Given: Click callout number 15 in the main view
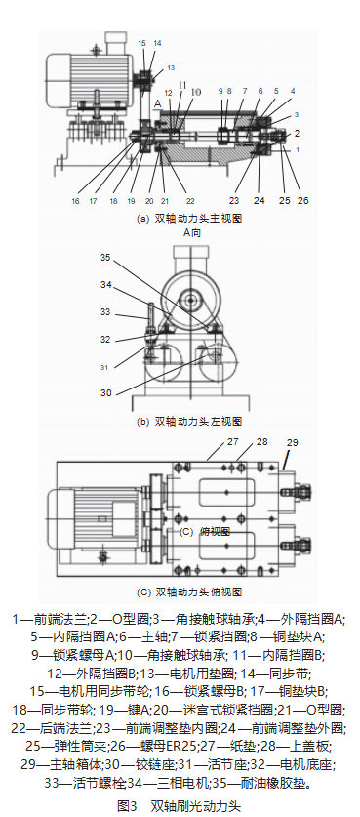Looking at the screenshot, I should click(x=141, y=44).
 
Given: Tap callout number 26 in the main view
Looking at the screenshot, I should click(x=304, y=201).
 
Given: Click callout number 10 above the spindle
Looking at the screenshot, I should click(x=198, y=91).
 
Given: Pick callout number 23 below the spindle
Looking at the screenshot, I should click(x=234, y=201).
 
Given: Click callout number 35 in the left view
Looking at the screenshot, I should click(x=106, y=258).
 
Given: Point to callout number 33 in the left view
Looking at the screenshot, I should click(x=106, y=312).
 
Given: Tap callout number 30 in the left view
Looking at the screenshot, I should click(x=106, y=392).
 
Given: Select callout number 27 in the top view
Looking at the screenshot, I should click(x=232, y=442).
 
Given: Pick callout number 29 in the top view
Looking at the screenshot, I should click(x=293, y=443).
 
